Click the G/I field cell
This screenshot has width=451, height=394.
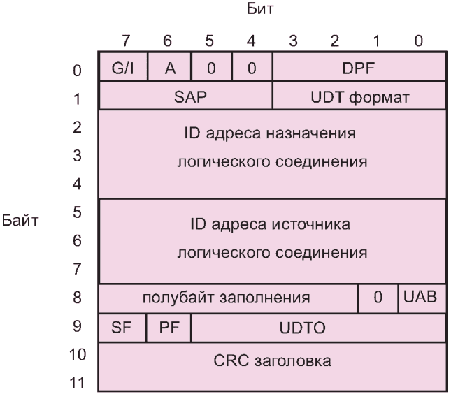(x=122, y=69)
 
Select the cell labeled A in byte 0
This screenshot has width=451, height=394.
(x=168, y=69)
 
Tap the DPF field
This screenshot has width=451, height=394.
(x=359, y=69)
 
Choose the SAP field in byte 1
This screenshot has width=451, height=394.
(x=186, y=98)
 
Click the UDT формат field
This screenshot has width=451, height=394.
(x=359, y=98)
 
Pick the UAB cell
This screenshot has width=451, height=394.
(x=422, y=297)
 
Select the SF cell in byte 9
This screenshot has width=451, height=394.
(x=122, y=326)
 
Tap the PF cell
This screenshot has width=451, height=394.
(x=168, y=326)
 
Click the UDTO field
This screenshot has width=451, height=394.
(x=317, y=326)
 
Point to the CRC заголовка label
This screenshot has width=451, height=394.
(x=272, y=361)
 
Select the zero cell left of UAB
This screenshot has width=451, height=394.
(x=378, y=297)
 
